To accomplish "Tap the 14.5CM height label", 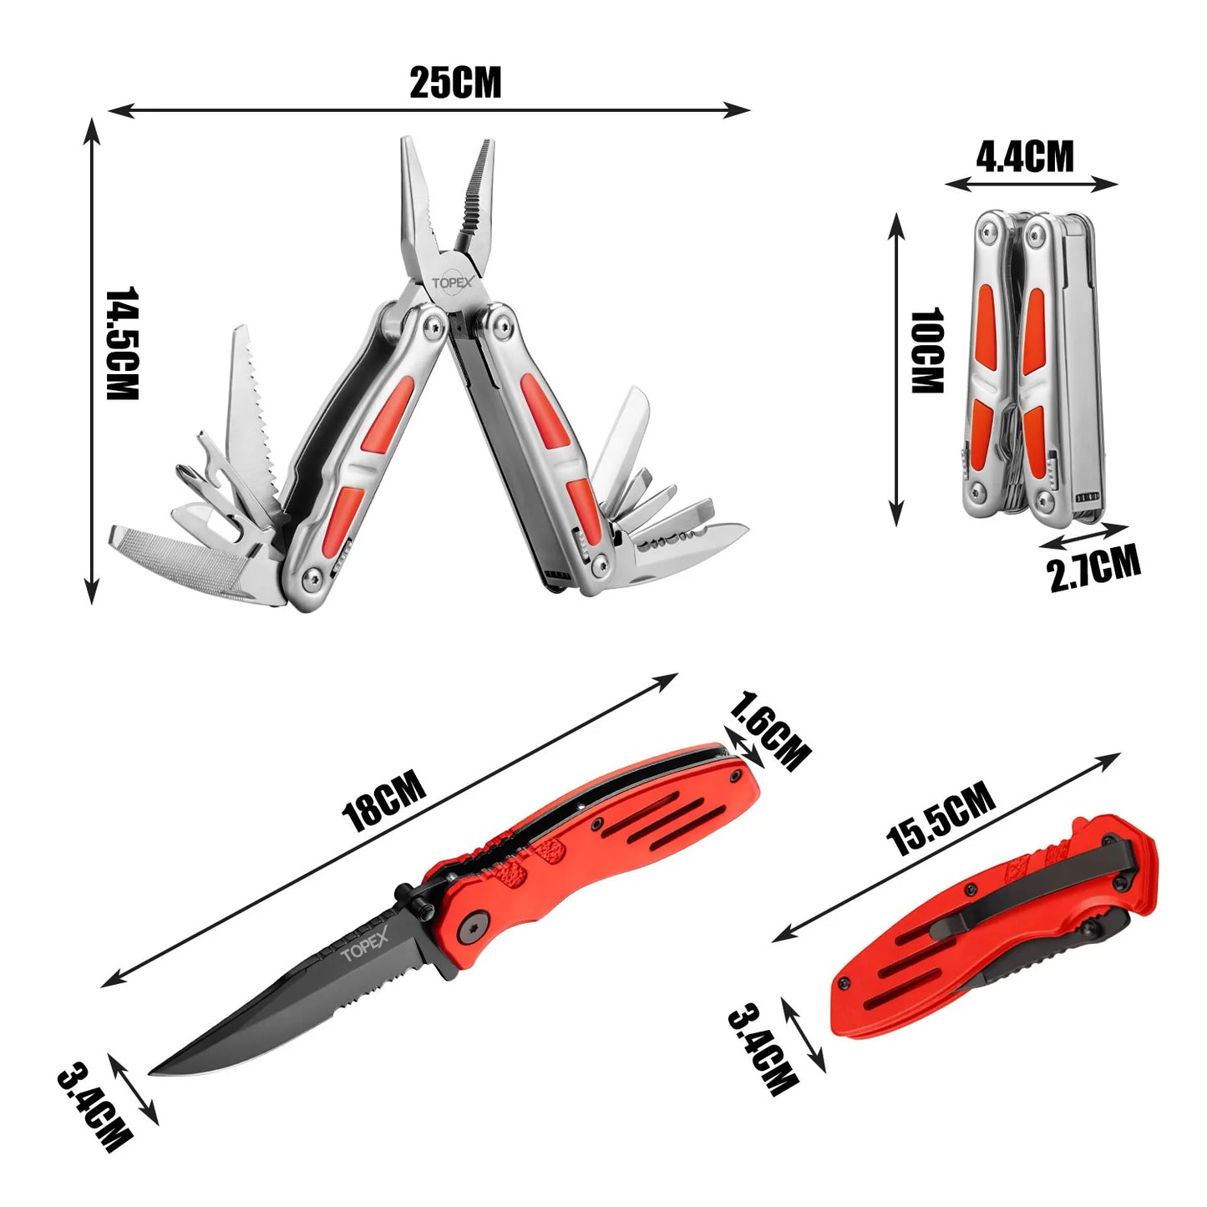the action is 121,343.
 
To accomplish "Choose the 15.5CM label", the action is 941,818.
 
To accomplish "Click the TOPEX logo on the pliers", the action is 451,283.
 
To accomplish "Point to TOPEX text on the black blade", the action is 364,946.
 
